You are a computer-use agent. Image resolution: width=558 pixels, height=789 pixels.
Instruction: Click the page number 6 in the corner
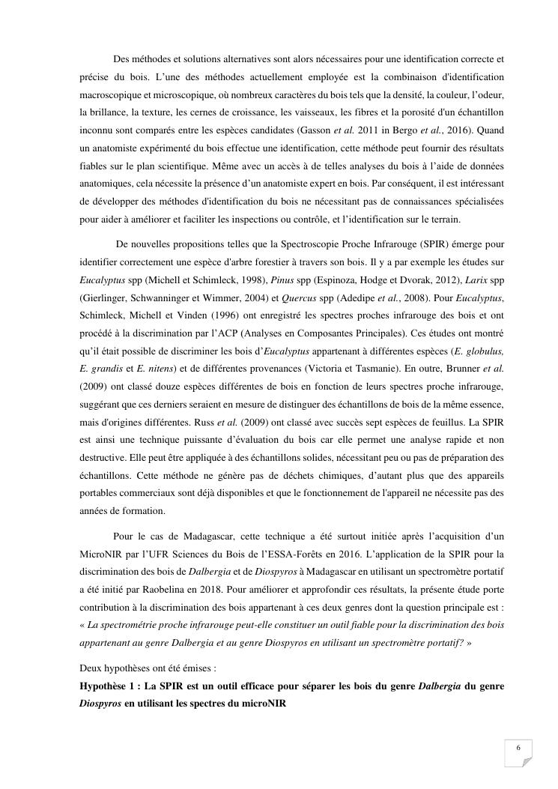(x=518, y=749)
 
